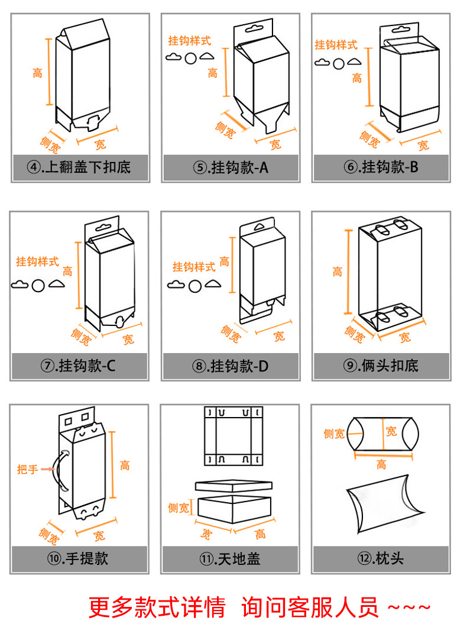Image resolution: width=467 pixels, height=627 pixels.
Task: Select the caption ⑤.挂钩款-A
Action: point(230,167)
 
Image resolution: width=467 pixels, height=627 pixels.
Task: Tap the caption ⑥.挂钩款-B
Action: point(381,167)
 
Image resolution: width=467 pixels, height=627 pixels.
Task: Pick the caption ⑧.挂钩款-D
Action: point(230,366)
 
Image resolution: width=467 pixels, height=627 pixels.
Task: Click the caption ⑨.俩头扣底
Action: point(381,366)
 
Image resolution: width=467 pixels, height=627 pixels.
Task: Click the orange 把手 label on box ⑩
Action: point(27,469)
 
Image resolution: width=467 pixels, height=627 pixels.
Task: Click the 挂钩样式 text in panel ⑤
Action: point(189,41)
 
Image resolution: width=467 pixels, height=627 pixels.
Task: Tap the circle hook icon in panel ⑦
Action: point(38,285)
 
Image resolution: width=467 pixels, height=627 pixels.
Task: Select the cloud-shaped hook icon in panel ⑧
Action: point(176,285)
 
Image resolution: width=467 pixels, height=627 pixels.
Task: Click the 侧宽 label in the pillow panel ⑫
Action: point(333,434)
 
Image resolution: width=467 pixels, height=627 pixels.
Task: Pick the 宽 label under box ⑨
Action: point(404,338)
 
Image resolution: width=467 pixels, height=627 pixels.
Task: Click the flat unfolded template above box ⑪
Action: point(234,435)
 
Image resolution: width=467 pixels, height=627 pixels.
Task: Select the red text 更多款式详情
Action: point(157,607)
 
